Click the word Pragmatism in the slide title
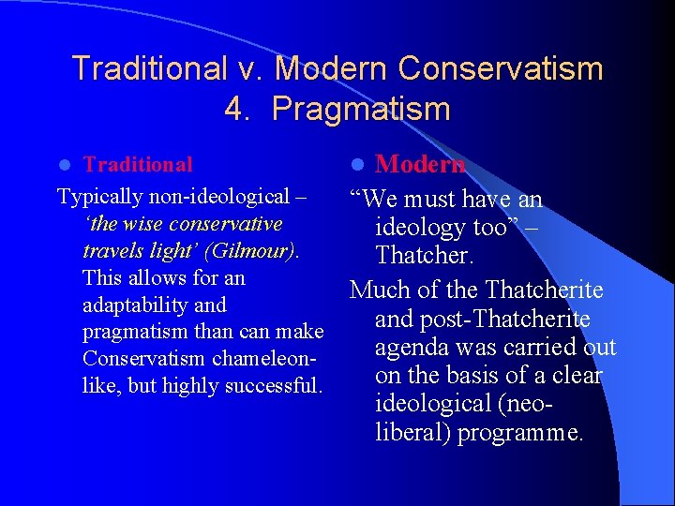coord(361,110)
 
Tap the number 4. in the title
coord(237,110)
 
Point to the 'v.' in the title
coord(250,68)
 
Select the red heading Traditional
coord(138,165)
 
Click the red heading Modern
coord(420,165)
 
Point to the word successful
coord(278,386)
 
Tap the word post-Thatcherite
coord(507,320)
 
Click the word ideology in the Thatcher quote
coord(420,228)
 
